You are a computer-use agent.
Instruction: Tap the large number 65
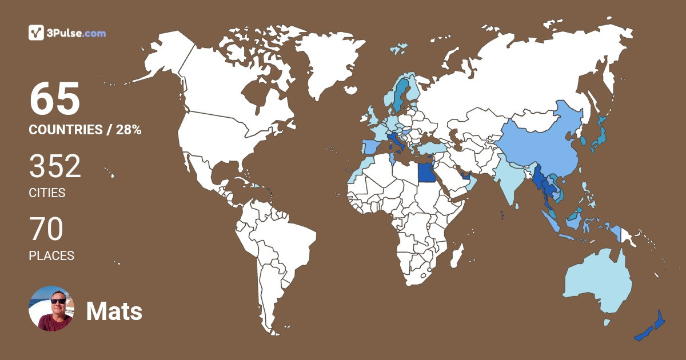pos(55,99)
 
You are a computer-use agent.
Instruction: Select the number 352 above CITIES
pos(55,167)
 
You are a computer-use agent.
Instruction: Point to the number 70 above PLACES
pos(46,230)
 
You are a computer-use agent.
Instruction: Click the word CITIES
pos(47,193)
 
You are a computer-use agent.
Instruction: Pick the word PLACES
pos(51,256)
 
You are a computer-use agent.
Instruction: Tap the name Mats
pos(114,311)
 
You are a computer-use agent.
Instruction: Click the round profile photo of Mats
pos(51,309)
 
